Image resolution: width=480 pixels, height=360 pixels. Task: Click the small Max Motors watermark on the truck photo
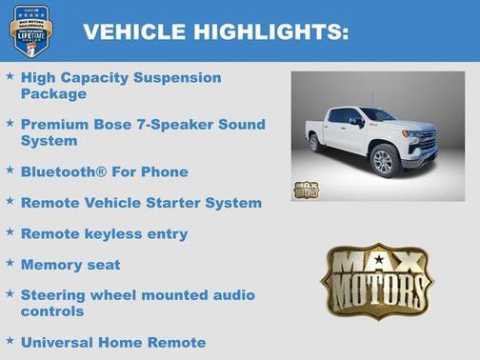[307, 189]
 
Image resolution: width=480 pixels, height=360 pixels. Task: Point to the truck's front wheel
[383, 161]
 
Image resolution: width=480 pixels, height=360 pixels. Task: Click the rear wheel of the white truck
[315, 143]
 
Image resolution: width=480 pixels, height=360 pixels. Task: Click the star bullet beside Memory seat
[10, 263]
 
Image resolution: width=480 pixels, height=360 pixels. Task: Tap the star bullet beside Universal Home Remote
[10, 340]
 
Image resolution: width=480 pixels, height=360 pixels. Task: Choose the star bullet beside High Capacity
[10, 75]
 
